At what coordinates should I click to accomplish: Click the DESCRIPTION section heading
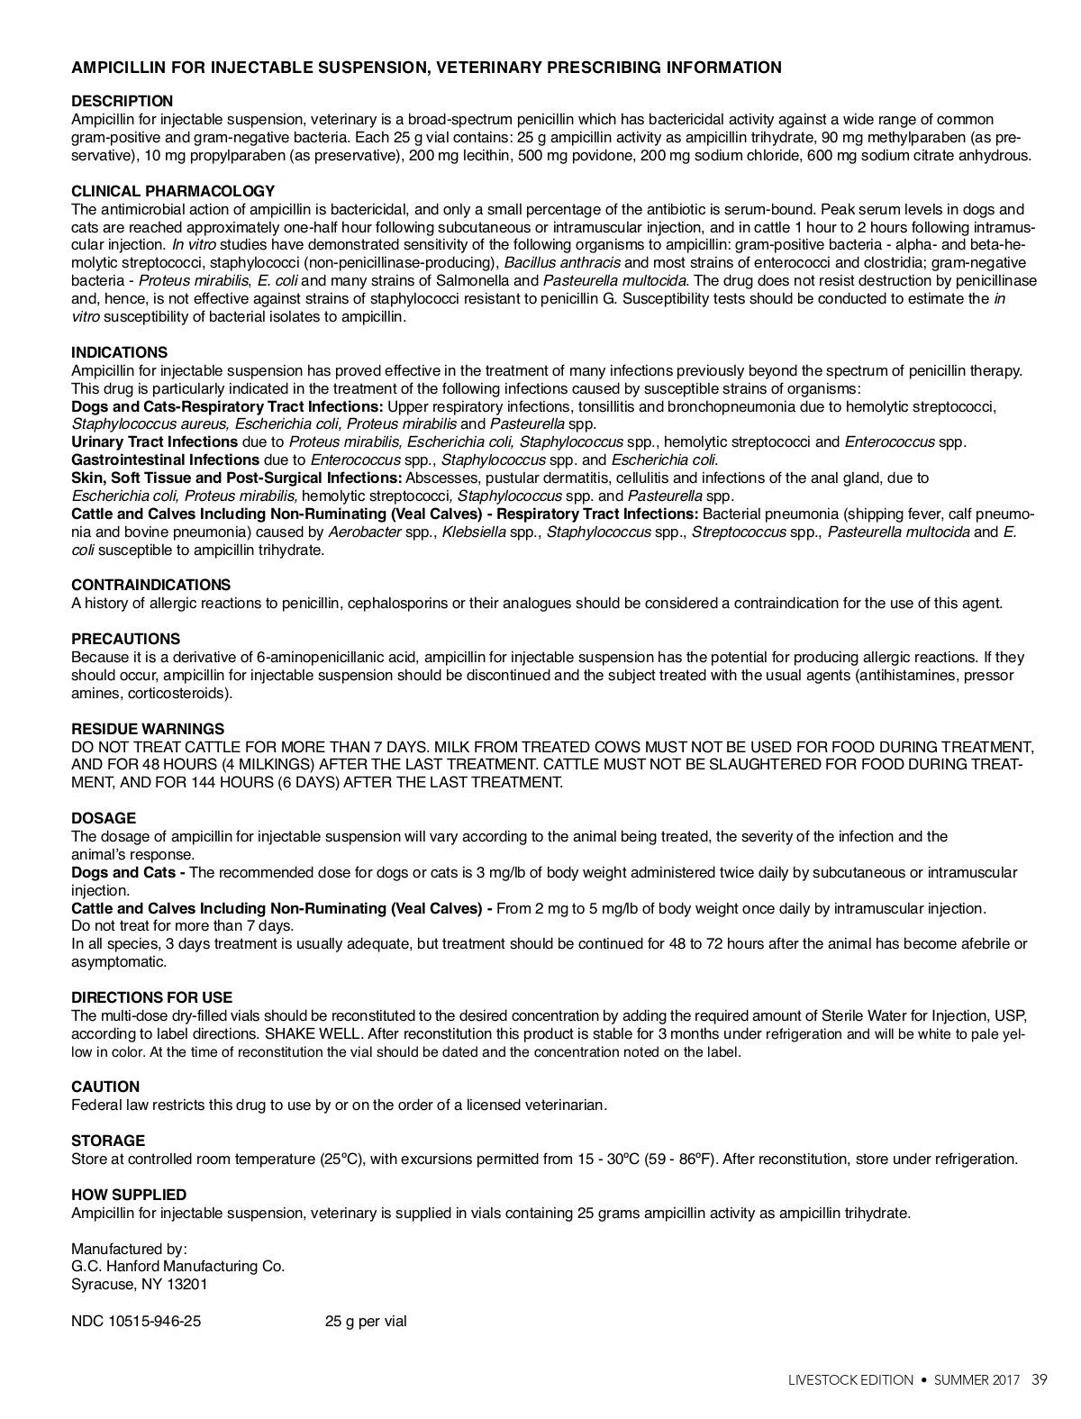point(122,101)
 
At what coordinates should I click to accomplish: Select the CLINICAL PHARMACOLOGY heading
point(173,191)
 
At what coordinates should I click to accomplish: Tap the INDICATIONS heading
point(119,352)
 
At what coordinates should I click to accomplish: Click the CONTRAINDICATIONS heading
point(150,585)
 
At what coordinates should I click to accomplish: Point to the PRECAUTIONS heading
point(125,639)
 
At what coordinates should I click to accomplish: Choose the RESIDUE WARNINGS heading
point(148,729)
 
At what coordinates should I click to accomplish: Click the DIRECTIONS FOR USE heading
point(151,997)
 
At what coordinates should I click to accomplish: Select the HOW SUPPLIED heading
point(129,1195)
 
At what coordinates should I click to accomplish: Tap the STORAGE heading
point(108,1141)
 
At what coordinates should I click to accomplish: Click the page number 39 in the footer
point(1040,1380)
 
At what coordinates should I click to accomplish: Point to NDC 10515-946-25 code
point(136,1322)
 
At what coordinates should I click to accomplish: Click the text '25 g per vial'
point(366,1322)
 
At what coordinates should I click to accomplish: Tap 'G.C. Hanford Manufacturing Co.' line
point(177,1266)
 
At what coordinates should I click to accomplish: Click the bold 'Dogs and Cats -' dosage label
point(128,872)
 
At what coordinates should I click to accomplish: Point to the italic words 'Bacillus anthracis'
point(562,262)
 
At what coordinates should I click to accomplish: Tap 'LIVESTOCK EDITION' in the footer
point(850,1380)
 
